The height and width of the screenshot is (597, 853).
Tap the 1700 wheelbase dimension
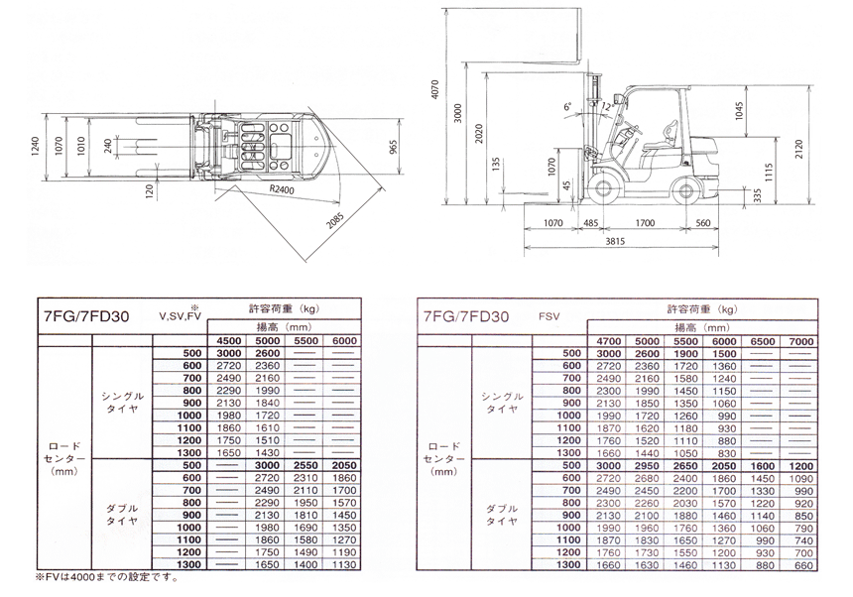645,223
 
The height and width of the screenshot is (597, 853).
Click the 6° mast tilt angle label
567,104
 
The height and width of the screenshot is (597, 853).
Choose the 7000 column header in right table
802,341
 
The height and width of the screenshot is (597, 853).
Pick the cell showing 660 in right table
802,563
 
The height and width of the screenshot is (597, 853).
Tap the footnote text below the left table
98,577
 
